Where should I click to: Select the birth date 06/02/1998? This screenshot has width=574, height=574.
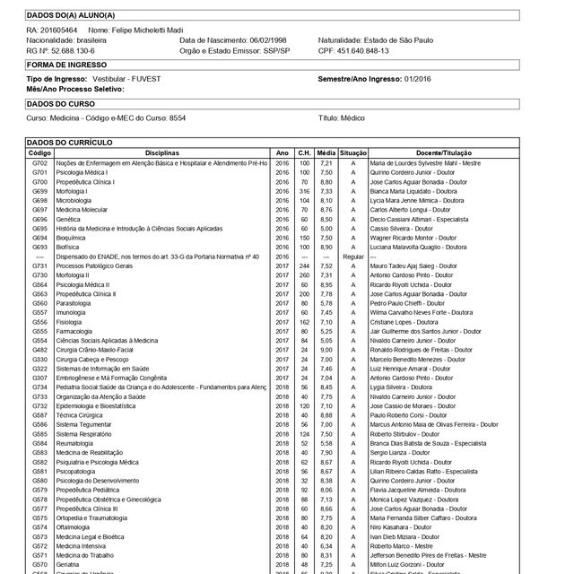pos(267,40)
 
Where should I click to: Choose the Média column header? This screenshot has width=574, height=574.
pos(326,153)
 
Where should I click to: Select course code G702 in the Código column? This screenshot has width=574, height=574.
pos(39,163)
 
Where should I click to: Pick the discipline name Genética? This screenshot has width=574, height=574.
pos(69,219)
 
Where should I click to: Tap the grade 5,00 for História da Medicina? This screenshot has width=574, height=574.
pos(326,229)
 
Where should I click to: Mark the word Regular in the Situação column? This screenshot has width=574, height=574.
pos(353,257)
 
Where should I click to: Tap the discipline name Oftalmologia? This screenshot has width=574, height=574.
pos(75,527)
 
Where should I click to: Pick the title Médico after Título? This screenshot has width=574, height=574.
pos(352,117)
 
